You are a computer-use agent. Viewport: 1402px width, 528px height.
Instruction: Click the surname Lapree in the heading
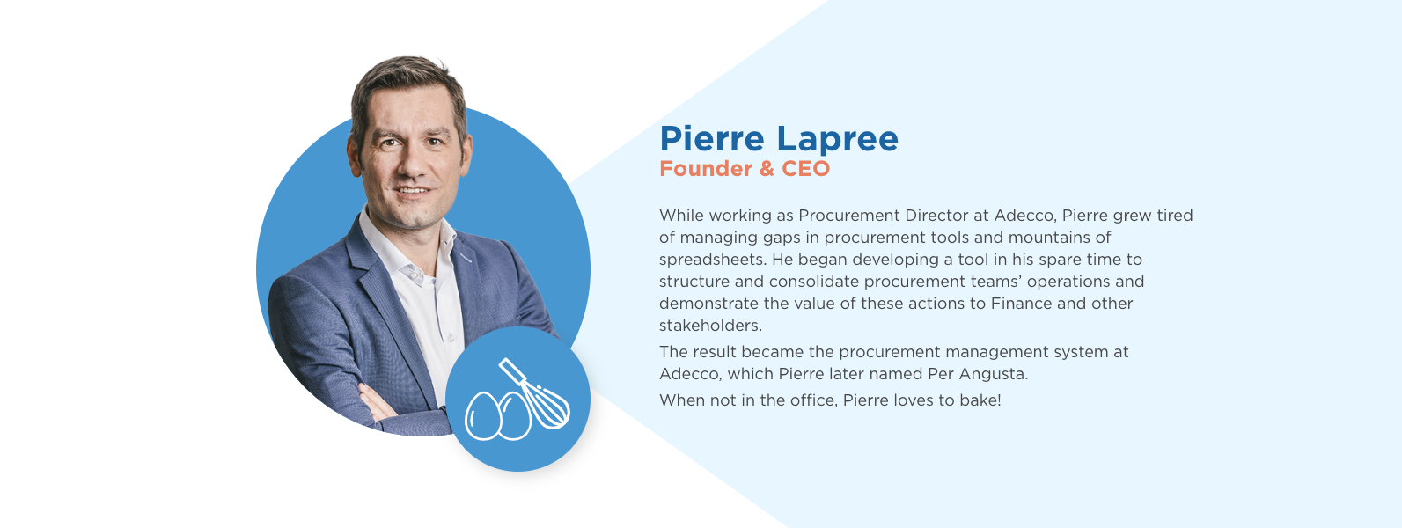pos(838,140)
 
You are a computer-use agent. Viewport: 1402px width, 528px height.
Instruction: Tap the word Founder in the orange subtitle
pos(706,168)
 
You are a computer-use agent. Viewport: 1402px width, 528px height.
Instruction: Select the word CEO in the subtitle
pos(805,168)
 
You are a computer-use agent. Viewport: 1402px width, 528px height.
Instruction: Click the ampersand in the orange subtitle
pos(767,168)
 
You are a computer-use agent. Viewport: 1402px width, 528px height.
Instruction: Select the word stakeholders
pos(710,326)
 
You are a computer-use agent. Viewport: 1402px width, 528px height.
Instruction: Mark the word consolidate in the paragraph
pos(813,282)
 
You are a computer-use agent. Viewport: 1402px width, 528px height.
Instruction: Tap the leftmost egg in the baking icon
pos(482,415)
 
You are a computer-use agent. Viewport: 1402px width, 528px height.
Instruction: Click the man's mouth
pos(412,191)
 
